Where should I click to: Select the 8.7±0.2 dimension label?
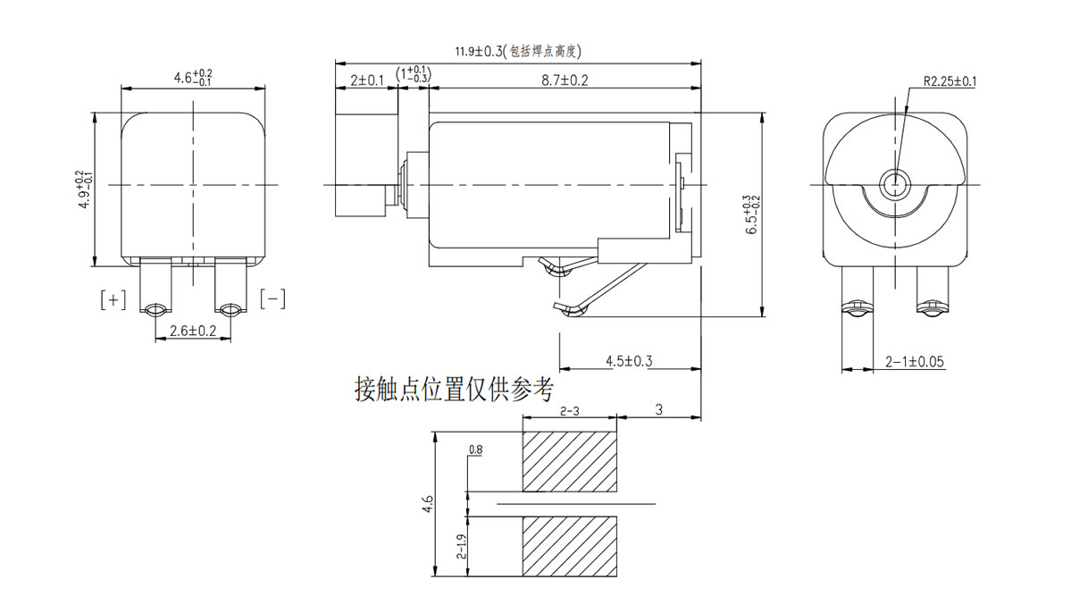(565, 80)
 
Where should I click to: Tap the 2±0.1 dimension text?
(366, 80)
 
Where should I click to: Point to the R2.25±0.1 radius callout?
(949, 81)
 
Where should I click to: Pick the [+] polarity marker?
(113, 299)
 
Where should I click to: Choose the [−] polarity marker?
(272, 298)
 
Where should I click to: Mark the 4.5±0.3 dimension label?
(629, 361)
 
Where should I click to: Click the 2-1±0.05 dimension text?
(915, 362)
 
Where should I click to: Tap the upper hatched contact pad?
(570, 461)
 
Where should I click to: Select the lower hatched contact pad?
(570, 547)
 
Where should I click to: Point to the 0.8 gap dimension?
(474, 450)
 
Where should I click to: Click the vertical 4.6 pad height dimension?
(428, 506)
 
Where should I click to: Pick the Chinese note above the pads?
(454, 390)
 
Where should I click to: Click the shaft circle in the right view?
(893, 185)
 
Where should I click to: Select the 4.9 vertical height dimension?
(83, 189)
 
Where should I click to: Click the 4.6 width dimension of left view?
(193, 79)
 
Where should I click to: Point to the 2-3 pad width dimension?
(570, 411)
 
